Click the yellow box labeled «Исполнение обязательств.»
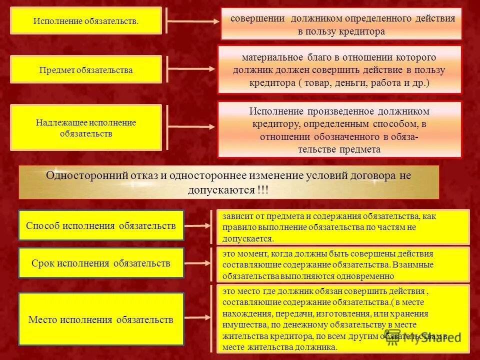pos(86,20)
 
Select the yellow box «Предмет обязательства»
pos(86,69)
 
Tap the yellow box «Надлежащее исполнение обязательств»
pos(86,128)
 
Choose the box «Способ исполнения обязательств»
pos(101,225)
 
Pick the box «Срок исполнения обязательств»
pos(101,263)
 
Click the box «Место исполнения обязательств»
pos(101,319)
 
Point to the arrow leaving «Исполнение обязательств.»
pos(192,21)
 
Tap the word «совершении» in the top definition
pos(257,18)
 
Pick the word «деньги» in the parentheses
pos(353,83)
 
